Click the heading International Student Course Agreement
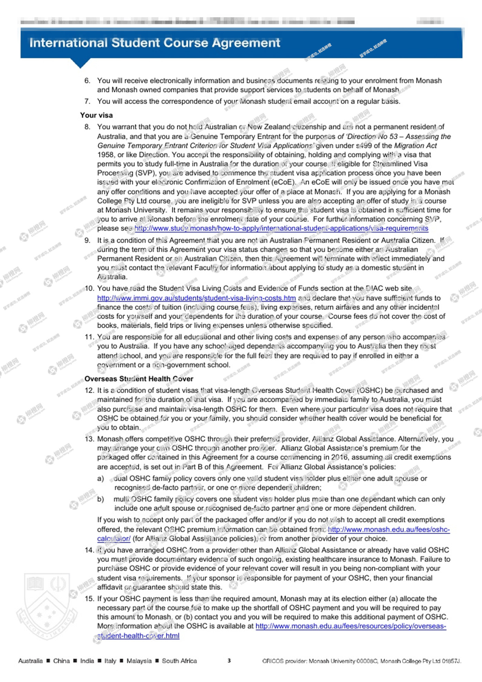point(155,43)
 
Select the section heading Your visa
point(96,115)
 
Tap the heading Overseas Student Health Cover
point(139,379)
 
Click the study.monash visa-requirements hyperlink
point(281,228)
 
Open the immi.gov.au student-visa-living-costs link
point(196,298)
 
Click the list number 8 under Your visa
point(87,127)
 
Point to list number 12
point(89,390)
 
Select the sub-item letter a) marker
point(100,478)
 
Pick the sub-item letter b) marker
point(100,499)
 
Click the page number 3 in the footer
point(229,661)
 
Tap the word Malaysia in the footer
point(139,661)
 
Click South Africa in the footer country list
point(179,661)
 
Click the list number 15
point(89,599)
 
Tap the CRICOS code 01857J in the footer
point(451,661)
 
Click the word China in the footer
point(61,661)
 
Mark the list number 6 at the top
point(87,81)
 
